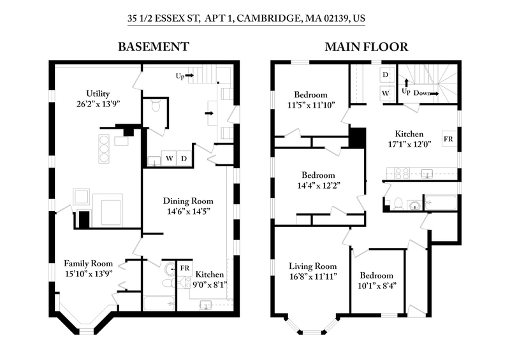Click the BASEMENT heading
(x=153, y=47)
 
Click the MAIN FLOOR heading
(x=367, y=47)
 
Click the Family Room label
(x=88, y=268)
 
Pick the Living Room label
(x=312, y=271)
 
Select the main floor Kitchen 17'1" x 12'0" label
(x=409, y=139)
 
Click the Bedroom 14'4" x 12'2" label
(x=317, y=180)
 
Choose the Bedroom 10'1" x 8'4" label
(x=376, y=280)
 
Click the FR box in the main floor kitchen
(x=449, y=138)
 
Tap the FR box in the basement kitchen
(x=185, y=267)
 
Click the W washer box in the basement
(x=170, y=157)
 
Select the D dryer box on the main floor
(x=385, y=75)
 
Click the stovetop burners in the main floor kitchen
(x=402, y=172)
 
